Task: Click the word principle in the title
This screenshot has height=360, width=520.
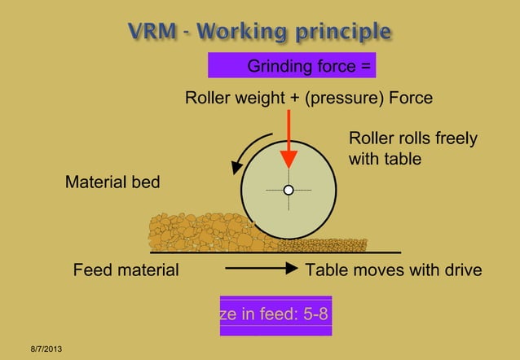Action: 344,33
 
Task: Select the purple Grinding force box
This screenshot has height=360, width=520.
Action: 292,65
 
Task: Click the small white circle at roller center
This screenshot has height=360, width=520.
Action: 288,191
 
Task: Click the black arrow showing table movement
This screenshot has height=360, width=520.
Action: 260,270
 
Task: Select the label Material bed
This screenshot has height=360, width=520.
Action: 112,183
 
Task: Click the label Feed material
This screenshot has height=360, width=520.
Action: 126,270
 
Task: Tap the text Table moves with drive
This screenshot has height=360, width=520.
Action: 393,270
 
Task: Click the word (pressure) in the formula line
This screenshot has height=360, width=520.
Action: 345,99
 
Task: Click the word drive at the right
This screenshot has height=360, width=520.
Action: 462,270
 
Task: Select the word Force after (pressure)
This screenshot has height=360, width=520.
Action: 411,99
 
